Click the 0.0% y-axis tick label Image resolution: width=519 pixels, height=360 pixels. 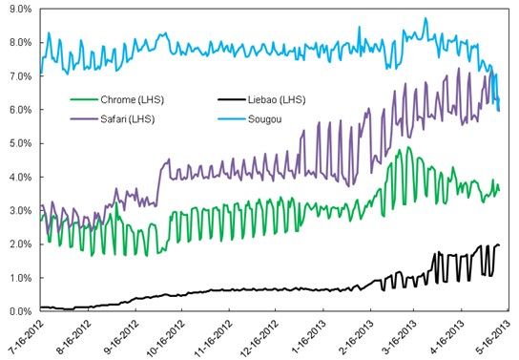19,311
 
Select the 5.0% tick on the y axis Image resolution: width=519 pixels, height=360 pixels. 19,143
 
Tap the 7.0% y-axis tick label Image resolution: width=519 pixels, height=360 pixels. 19,76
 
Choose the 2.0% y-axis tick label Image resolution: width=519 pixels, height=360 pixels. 19,244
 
